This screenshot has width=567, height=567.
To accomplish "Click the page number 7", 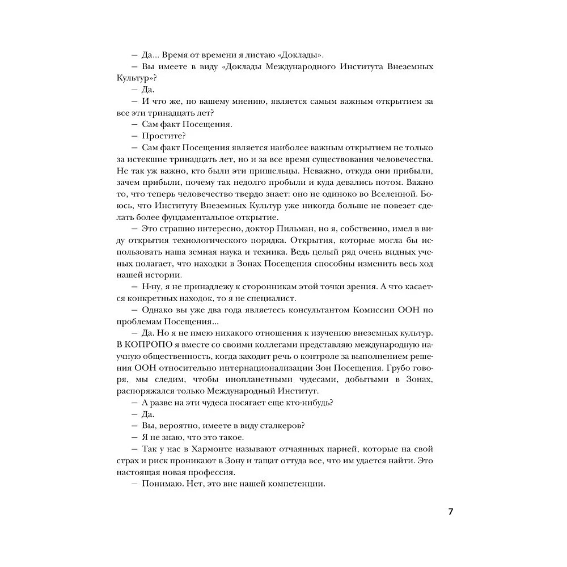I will coord(450,511).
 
